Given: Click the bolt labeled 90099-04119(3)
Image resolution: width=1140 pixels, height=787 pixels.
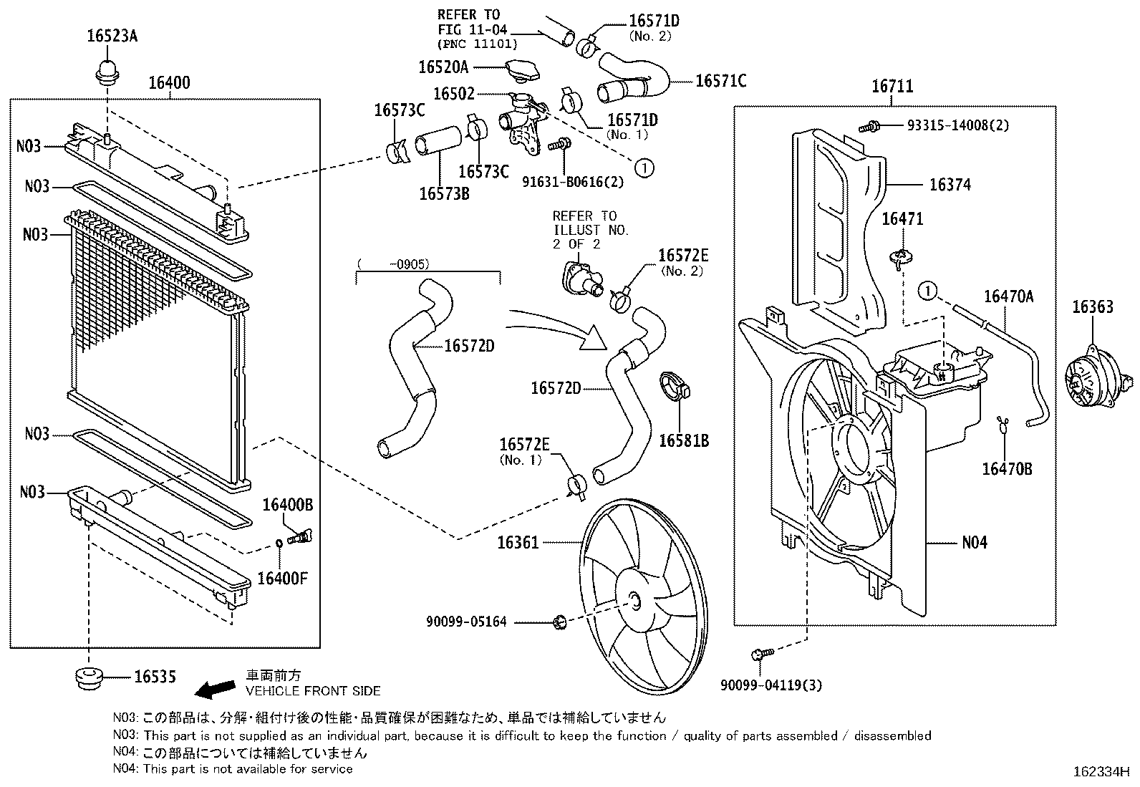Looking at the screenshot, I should (x=761, y=654).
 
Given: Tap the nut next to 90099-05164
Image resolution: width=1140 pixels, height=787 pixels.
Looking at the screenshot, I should (x=561, y=622).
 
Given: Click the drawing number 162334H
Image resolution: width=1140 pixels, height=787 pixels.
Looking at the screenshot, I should (x=1101, y=773).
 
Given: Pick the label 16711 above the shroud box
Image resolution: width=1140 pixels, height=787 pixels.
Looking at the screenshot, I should (x=892, y=87).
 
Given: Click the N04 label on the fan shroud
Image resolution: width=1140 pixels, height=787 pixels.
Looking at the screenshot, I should (x=974, y=543).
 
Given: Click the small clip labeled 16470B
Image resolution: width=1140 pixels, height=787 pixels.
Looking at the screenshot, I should (x=1003, y=424).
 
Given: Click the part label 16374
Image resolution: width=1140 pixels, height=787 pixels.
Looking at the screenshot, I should (x=950, y=185).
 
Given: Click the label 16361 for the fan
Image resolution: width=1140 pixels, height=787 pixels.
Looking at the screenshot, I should (x=517, y=544).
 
